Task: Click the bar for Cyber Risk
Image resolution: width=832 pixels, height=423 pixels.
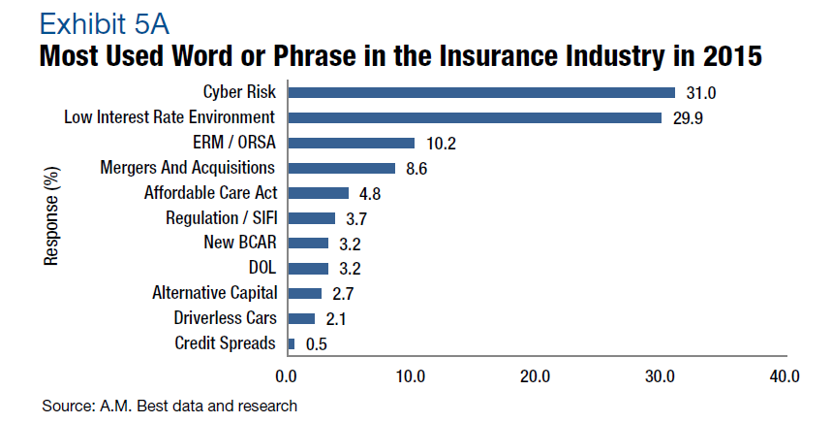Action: click(481, 92)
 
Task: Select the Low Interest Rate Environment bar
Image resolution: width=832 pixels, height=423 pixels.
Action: click(475, 117)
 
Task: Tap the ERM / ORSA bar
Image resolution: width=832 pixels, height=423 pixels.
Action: click(351, 143)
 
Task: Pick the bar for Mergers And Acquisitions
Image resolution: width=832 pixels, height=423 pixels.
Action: click(341, 168)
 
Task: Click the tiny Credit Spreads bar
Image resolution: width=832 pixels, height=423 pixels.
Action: click(292, 342)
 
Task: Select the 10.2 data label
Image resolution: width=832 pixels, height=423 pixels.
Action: click(441, 144)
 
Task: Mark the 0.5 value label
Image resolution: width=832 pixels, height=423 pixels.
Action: click(317, 343)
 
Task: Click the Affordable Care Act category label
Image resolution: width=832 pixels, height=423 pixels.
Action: click(210, 192)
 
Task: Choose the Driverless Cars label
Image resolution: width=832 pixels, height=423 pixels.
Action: click(224, 317)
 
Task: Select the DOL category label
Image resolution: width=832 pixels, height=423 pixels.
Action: click(262, 268)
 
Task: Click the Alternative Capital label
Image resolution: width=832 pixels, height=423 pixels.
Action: click(215, 292)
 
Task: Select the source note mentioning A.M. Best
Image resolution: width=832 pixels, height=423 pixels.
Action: click(169, 405)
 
